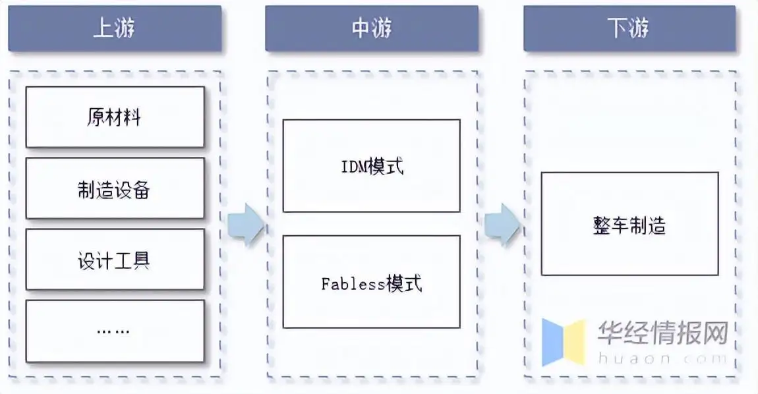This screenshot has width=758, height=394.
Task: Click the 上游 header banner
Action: point(115,28)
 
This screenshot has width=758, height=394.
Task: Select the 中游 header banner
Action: point(372,28)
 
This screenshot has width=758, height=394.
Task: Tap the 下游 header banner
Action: point(629,28)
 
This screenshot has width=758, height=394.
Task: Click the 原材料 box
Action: point(115,117)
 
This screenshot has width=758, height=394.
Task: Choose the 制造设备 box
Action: point(115,188)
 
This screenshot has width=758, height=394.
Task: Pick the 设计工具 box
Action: point(115,260)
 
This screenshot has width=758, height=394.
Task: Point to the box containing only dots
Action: point(115,331)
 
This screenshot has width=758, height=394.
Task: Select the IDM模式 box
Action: point(372,166)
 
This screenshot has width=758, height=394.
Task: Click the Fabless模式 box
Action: point(372,282)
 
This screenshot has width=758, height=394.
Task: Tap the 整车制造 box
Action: point(629,224)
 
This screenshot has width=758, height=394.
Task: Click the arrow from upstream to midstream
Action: point(245,225)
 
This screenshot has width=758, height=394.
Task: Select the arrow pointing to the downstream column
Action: point(502,225)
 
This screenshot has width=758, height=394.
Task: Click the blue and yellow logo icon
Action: point(564,342)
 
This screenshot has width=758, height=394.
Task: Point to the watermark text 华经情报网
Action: point(662,333)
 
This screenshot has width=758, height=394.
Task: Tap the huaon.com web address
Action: point(662,359)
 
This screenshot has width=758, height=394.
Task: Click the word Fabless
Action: point(353,283)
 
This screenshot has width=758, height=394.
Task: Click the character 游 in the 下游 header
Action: point(639,28)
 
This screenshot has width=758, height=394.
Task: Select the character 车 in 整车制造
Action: point(620,225)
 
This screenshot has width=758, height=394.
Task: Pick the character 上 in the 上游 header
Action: point(104,28)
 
